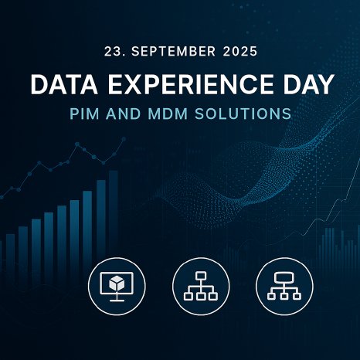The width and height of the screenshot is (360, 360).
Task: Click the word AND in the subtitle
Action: click(130, 114)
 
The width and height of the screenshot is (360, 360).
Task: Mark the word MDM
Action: click(177, 114)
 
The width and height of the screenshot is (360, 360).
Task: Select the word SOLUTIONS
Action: click(248, 114)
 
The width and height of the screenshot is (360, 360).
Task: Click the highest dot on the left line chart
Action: click(123, 141)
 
